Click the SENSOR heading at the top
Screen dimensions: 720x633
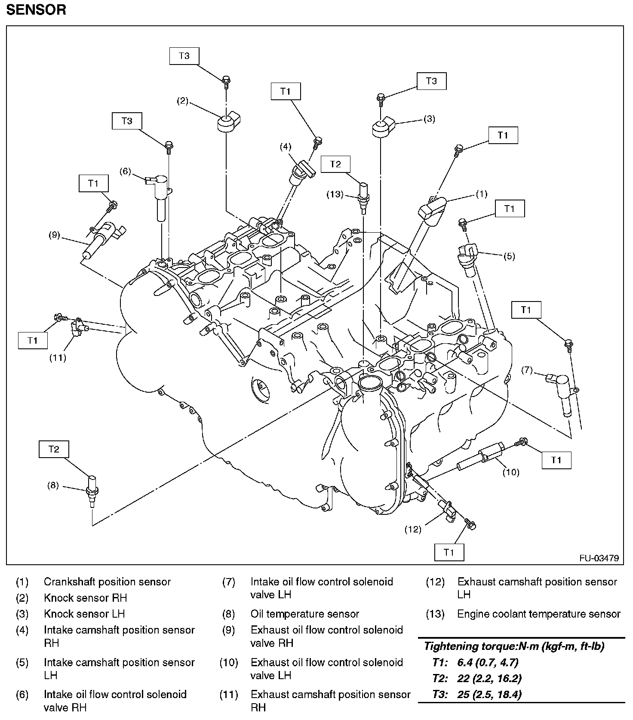[36, 10]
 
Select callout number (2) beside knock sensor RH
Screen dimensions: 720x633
[183, 101]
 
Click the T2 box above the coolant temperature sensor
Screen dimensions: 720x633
[335, 164]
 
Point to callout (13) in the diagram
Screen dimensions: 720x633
[335, 194]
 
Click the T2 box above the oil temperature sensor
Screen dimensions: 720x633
[53, 449]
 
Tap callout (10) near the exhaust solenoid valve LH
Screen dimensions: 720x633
[511, 472]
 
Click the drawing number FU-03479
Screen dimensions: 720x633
[599, 558]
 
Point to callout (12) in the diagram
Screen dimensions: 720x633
[413, 529]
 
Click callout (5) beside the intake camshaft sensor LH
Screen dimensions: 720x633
[509, 256]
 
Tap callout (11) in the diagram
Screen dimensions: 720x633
[57, 357]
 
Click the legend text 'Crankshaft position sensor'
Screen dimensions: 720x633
[107, 582]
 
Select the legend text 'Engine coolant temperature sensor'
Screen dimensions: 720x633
[538, 614]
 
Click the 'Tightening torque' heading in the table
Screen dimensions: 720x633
[514, 646]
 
